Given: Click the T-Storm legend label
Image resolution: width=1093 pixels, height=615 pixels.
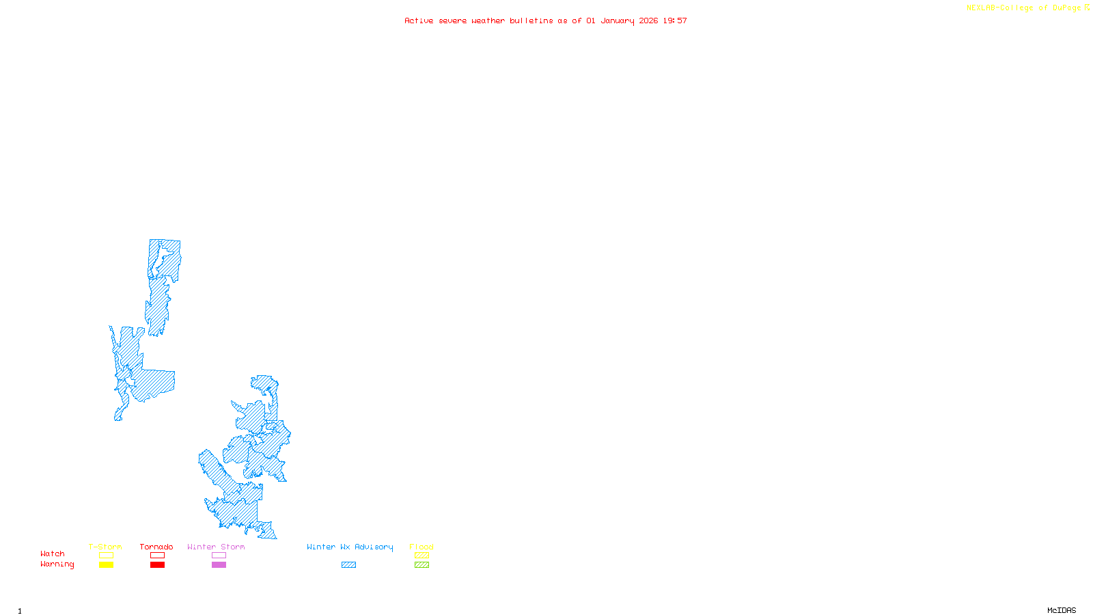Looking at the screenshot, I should pyautogui.click(x=105, y=547).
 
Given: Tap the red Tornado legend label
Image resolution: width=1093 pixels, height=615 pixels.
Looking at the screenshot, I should pyautogui.click(x=156, y=547).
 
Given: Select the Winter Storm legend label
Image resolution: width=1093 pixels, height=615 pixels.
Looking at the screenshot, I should pyautogui.click(x=216, y=547).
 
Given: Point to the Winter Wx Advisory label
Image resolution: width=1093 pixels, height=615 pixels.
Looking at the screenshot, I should pyautogui.click(x=350, y=547).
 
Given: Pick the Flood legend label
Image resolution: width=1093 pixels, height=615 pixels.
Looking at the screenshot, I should pyautogui.click(x=421, y=547).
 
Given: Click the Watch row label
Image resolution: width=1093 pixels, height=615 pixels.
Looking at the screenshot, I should pyautogui.click(x=53, y=553).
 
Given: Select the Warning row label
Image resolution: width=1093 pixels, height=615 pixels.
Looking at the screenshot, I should pyautogui.click(x=57, y=564).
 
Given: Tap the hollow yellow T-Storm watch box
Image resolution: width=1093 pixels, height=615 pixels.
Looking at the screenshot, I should pyautogui.click(x=106, y=556).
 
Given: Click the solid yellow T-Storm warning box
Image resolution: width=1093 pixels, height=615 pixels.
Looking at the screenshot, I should pyautogui.click(x=106, y=565).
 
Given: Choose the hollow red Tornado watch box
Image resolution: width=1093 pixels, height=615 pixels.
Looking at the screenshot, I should pyautogui.click(x=158, y=556).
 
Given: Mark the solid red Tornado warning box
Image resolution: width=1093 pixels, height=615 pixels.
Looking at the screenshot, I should pyautogui.click(x=158, y=565).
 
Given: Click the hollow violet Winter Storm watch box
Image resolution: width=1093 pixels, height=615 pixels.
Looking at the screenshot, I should pyautogui.click(x=219, y=556).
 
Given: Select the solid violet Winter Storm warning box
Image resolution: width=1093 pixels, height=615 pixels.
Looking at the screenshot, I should pyautogui.click(x=219, y=565).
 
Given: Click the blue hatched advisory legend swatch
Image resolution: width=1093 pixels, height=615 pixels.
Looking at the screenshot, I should pyautogui.click(x=348, y=565).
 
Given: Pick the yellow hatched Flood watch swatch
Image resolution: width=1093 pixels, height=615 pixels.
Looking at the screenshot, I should pyautogui.click(x=421, y=556).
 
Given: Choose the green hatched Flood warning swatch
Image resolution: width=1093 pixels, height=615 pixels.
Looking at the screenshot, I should pyautogui.click(x=421, y=565).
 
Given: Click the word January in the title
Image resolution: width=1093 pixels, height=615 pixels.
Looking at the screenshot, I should pyautogui.click(x=618, y=20).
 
